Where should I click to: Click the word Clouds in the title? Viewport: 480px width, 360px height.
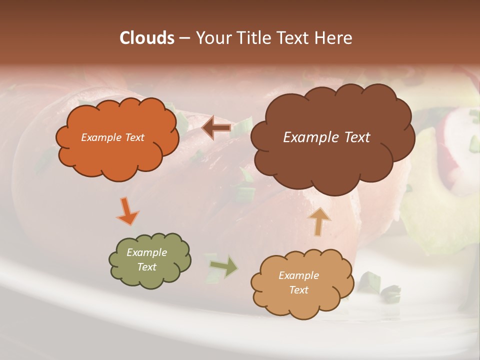coord(147,38)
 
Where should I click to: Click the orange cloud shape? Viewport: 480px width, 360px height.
coord(116,155)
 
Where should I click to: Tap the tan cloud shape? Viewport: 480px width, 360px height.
coord(302,305)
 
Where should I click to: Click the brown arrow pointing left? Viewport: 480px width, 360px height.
coord(217,128)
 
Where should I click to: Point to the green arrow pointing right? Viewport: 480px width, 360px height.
coord(223,266)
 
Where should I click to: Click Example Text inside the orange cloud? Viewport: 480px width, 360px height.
coord(112,137)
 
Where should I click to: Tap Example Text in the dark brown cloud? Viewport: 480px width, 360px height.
coord(326,137)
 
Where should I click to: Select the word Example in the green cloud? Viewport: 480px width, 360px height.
coord(146,252)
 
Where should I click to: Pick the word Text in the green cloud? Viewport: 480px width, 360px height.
coord(146,267)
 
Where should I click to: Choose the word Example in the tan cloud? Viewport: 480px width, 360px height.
coord(298,275)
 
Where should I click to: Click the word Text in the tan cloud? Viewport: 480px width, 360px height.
coord(298,290)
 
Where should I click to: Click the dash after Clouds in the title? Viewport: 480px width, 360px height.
coord(184,38)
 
